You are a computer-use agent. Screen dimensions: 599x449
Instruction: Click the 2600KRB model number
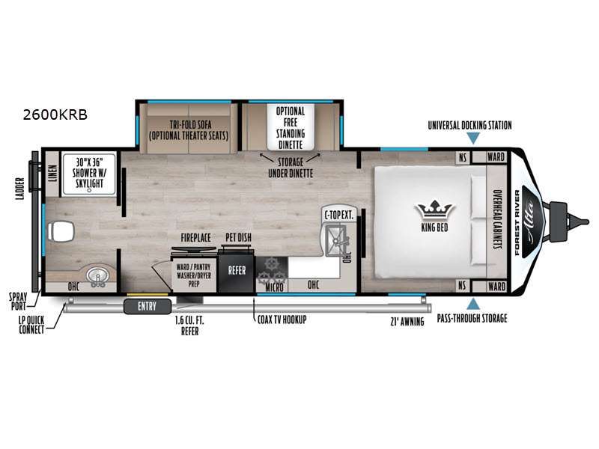point(55,114)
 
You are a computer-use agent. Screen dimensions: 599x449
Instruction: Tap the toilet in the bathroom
point(61,231)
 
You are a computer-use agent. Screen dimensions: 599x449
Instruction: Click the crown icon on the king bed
point(435,210)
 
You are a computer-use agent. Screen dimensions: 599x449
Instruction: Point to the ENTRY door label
point(147,306)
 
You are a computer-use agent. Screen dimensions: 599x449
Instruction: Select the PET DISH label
point(238,237)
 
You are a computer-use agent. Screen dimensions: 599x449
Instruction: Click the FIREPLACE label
point(195,238)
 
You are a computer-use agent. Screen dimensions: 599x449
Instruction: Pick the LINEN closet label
point(52,174)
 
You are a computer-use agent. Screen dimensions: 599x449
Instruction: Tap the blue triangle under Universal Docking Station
point(473,138)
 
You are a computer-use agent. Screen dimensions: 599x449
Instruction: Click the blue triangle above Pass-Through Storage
point(473,304)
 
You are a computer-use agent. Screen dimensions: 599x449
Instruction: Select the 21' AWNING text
point(407,322)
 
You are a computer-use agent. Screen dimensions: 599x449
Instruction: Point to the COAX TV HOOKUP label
point(282,320)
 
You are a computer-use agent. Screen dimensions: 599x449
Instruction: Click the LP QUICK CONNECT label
point(31,325)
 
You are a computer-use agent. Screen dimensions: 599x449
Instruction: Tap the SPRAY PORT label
point(18,302)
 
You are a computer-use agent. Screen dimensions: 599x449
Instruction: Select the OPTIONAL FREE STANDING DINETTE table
point(291,127)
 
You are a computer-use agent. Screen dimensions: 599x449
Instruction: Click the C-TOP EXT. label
point(339,216)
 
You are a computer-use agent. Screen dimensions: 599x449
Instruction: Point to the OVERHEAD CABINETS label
point(497,219)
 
